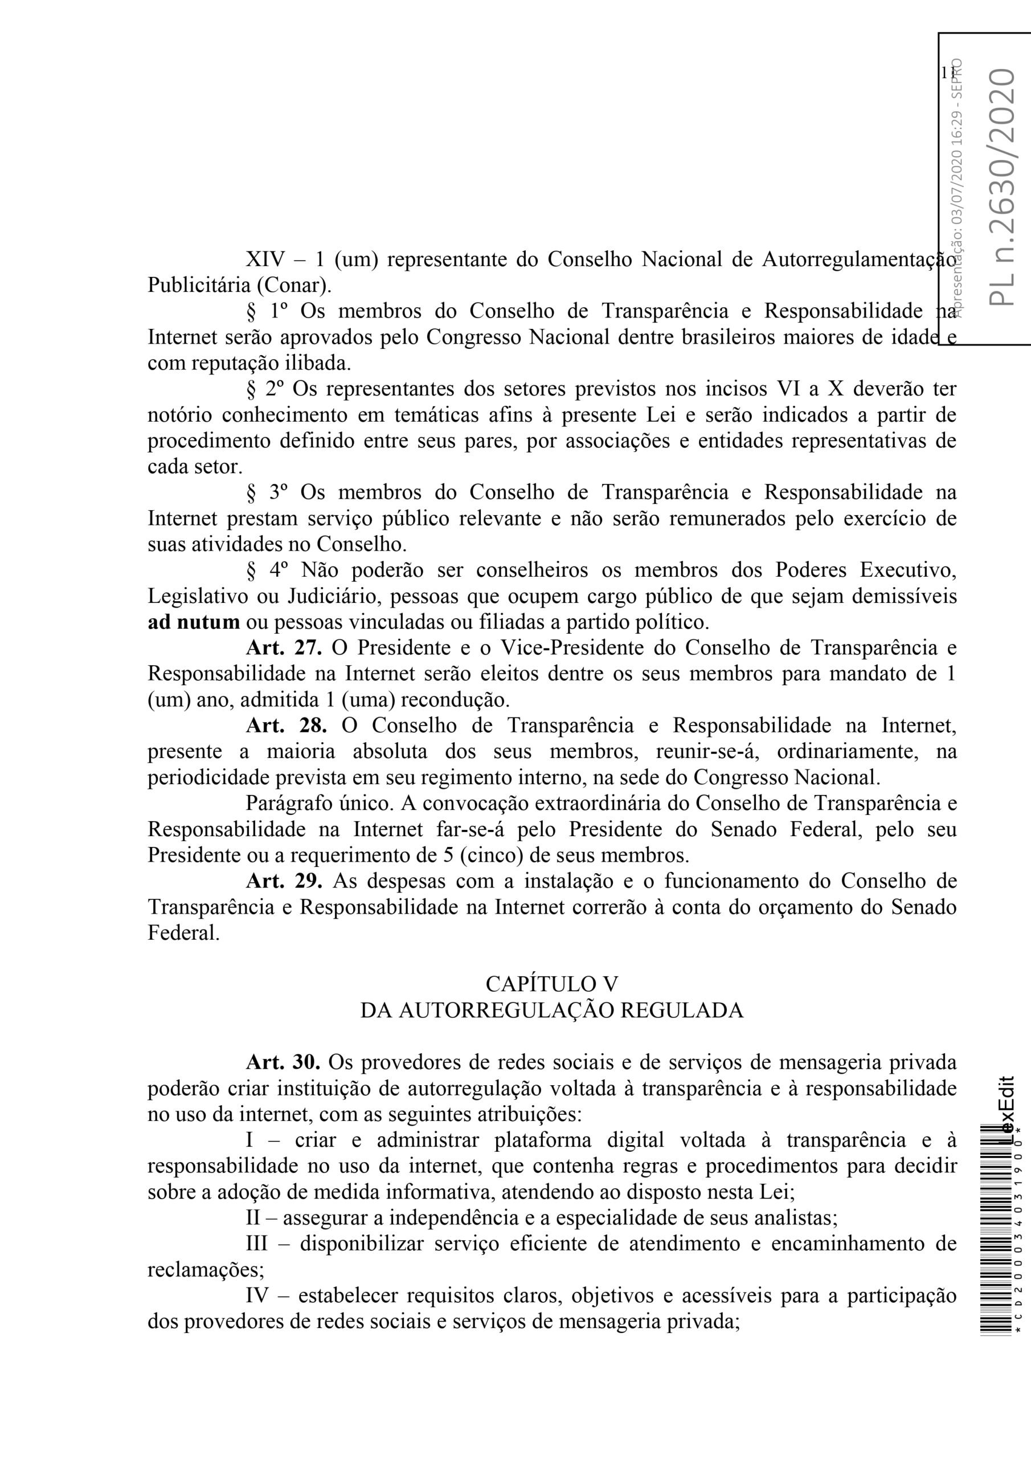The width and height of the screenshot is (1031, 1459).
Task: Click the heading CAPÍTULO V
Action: pyautogui.click(x=551, y=984)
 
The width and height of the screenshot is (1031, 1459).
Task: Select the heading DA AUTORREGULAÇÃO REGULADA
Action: pyautogui.click(x=551, y=1010)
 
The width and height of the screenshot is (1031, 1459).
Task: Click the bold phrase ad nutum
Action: pyautogui.click(x=194, y=621)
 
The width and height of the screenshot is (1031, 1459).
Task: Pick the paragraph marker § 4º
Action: pyautogui.click(x=267, y=570)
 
